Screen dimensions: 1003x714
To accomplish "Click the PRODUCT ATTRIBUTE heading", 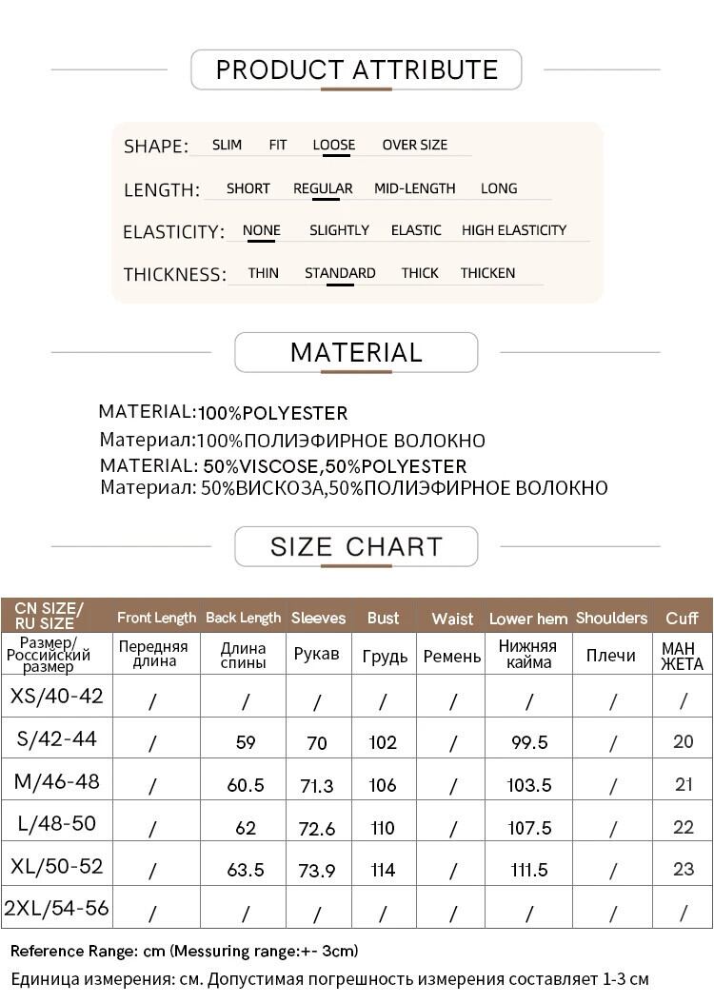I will coord(356,69).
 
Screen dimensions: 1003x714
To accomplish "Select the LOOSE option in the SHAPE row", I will coord(333,146).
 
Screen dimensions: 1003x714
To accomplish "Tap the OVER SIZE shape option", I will coord(414,146).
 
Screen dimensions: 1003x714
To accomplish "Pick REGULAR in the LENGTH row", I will coord(323,188).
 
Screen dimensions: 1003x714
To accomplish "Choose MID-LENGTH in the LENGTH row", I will coord(414,188).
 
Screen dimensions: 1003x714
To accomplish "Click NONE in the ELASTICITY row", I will coord(261,230).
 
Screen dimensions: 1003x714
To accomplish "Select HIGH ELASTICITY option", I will coord(513,230).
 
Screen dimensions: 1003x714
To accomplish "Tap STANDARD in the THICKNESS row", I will coord(340,273).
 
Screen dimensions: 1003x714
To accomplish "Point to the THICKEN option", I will coord(487,273).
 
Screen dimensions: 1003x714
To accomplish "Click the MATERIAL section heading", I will coord(356,352).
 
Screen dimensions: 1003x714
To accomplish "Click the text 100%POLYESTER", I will coord(272,414).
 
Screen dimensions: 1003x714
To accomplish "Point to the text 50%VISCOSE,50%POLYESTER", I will coord(335,466).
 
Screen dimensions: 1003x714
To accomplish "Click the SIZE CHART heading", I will coord(356,547).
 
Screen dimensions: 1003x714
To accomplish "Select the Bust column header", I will coord(383,619).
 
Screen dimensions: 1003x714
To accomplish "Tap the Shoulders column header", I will coord(611,619).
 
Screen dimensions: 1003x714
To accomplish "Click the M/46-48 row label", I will coord(57,782).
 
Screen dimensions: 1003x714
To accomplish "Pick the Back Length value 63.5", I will coord(246,871).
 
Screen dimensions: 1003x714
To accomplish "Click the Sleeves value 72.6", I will coord(317,829).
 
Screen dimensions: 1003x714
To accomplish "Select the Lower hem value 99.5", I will coord(529,742).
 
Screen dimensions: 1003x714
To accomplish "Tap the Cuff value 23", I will coord(684,870).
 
